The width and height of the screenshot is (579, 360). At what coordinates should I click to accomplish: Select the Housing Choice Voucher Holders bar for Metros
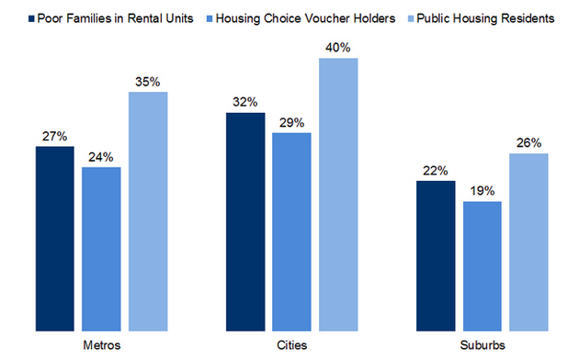(x=101, y=248)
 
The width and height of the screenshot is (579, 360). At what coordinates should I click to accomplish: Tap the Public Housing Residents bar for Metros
(x=148, y=210)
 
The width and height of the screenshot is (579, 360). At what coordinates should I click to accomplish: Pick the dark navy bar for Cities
(x=244, y=220)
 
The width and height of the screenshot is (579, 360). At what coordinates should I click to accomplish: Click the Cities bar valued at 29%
(x=291, y=231)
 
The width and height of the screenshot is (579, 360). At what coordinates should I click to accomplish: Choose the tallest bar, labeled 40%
(x=337, y=193)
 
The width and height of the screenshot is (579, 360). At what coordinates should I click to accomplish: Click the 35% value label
(x=148, y=82)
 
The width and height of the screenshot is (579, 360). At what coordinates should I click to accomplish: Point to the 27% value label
(x=55, y=136)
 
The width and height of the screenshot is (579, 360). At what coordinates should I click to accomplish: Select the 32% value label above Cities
(x=244, y=102)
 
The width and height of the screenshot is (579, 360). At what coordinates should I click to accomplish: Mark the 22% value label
(x=435, y=170)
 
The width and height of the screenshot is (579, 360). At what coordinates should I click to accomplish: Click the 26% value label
(x=528, y=142)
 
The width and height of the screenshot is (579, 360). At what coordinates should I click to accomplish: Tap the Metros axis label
(x=101, y=344)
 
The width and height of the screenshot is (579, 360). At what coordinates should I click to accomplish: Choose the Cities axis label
(x=291, y=344)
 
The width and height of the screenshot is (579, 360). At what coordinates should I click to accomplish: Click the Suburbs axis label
(x=482, y=344)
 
